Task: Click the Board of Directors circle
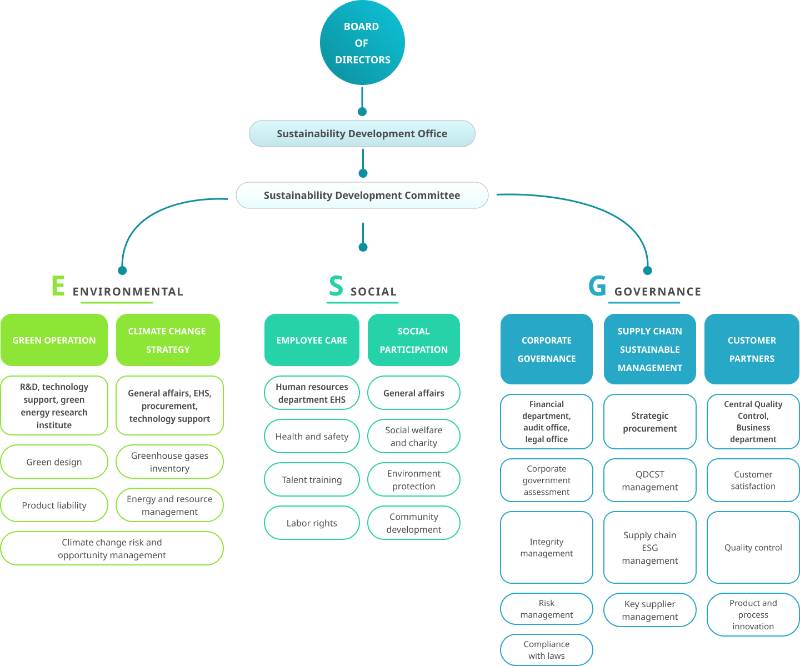(x=362, y=43)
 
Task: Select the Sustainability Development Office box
(x=362, y=134)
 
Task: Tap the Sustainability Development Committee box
(x=362, y=196)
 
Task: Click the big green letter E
(x=58, y=286)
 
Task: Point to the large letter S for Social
(x=336, y=287)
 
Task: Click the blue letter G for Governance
(x=597, y=287)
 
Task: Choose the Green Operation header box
(x=54, y=340)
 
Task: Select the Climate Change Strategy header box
(x=168, y=340)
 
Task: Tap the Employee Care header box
(x=312, y=340)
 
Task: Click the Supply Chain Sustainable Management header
(x=649, y=349)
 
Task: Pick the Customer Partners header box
(x=752, y=349)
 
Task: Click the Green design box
(x=54, y=462)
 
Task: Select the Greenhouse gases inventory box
(x=169, y=462)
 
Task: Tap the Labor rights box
(x=312, y=523)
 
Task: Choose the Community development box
(x=414, y=523)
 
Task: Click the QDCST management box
(x=649, y=480)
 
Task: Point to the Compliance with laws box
(x=547, y=649)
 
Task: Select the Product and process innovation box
(x=753, y=614)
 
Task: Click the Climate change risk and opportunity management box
(x=112, y=548)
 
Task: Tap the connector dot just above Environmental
(x=123, y=271)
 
